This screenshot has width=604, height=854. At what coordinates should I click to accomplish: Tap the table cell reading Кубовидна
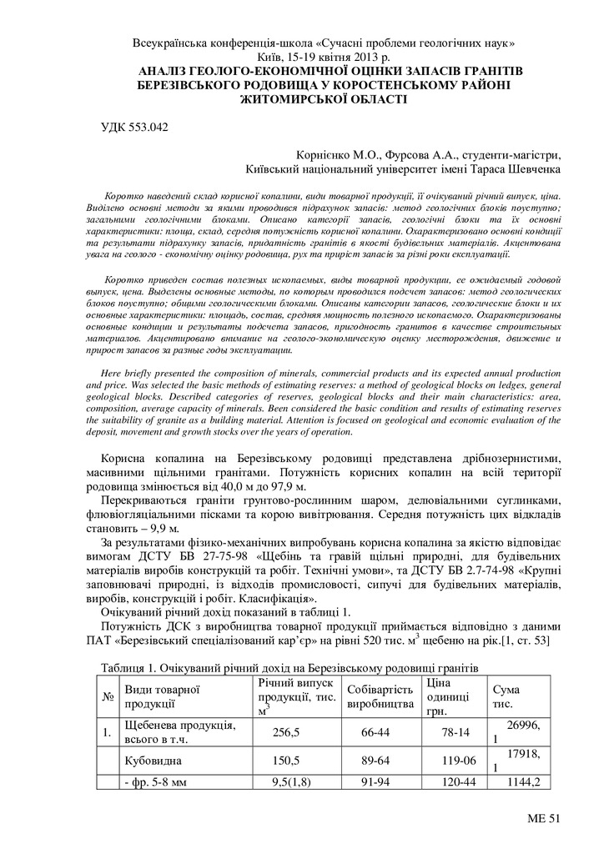point(153,761)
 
